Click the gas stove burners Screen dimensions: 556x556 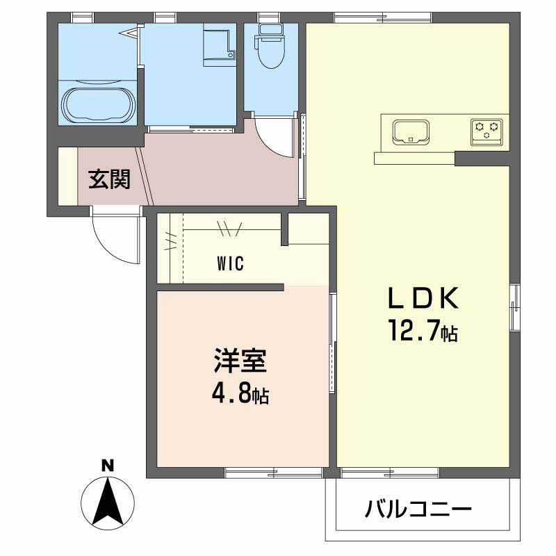coord(486,131)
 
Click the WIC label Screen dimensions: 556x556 coord(230,264)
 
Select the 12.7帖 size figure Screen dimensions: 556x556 coord(423,332)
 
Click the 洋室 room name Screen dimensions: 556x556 coord(240,363)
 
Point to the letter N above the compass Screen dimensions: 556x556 coord(107,466)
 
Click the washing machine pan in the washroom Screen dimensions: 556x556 coord(219,46)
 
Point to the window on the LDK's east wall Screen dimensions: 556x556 coord(515,306)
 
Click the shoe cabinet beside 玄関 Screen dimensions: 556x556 coord(67,177)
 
